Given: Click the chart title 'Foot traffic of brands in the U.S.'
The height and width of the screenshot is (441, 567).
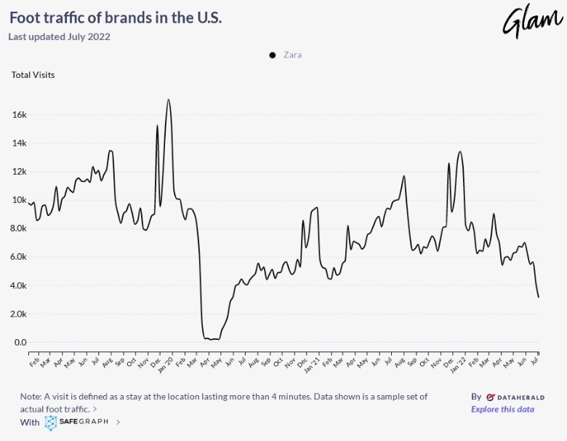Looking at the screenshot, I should tap(115, 17).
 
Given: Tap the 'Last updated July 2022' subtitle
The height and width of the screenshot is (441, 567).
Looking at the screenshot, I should tap(59, 36).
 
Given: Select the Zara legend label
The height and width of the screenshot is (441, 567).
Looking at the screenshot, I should tap(293, 55).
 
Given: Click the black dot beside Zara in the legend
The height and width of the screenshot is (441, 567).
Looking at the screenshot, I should tap(273, 55).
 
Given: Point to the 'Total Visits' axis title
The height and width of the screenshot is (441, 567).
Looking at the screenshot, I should tap(33, 74).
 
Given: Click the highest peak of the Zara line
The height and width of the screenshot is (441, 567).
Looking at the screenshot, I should tap(169, 100).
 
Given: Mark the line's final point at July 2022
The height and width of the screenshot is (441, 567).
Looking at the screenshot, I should tap(539, 297).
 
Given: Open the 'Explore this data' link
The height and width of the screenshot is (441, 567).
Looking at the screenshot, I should tap(502, 409).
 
